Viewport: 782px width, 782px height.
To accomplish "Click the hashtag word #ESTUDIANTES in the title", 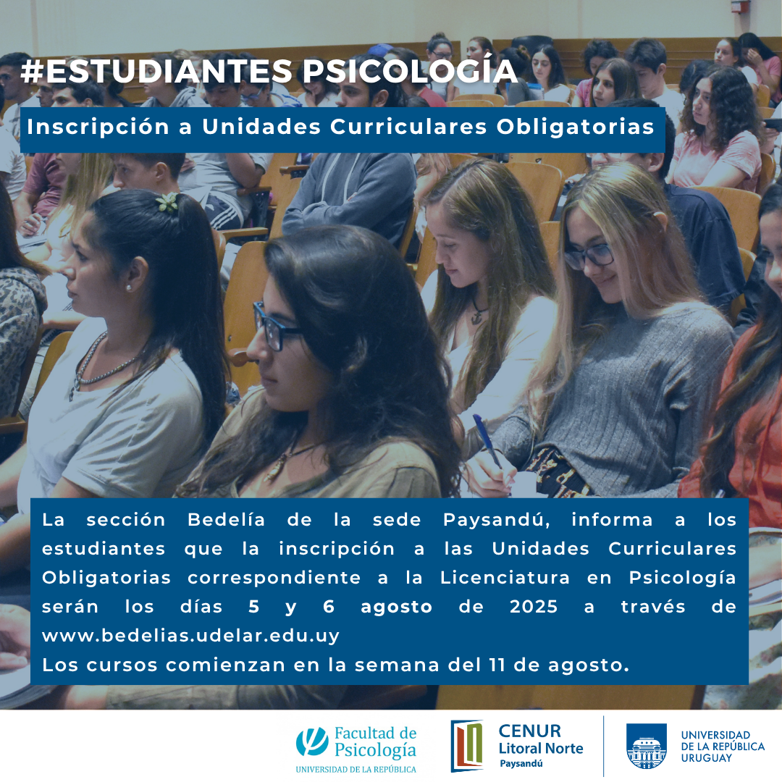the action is [x=156, y=71].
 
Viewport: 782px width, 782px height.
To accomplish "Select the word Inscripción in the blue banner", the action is [x=98, y=127].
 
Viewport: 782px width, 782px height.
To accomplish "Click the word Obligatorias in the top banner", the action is [x=575, y=127].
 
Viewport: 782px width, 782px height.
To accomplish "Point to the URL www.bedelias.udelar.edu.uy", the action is [x=190, y=636].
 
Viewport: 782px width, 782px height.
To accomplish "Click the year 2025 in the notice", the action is [x=534, y=607].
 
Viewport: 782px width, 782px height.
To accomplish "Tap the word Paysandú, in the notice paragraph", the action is [x=496, y=520].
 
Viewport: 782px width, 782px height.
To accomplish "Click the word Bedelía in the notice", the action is [x=227, y=520].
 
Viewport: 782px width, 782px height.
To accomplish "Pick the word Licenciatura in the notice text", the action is [x=505, y=578].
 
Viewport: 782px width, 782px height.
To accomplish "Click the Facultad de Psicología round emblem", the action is [x=312, y=741].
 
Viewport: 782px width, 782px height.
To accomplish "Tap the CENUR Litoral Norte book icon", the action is [x=467, y=745].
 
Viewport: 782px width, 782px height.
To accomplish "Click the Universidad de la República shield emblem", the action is [x=647, y=746].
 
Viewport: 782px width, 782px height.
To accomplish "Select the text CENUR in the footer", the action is [x=529, y=731].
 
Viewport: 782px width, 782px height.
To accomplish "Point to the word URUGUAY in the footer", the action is [x=706, y=758].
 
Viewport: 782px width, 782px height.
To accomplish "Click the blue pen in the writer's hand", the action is [x=487, y=442].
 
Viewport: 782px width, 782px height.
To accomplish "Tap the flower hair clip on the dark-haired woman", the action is [x=167, y=201].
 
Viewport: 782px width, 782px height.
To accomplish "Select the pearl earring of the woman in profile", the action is [x=129, y=287].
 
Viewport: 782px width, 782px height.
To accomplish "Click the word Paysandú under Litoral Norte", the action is [x=521, y=764].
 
